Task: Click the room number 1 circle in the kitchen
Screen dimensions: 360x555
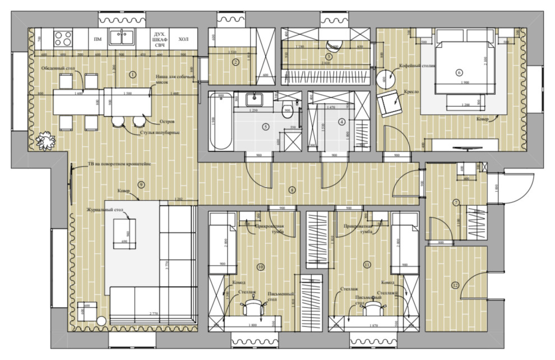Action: click(133, 74)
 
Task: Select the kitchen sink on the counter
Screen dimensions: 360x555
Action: click(120, 38)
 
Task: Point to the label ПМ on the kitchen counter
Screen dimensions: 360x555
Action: click(98, 39)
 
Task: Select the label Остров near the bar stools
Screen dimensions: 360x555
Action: click(168, 121)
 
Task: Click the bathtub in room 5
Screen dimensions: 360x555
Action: click(220, 122)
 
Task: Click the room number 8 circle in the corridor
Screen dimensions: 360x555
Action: click(292, 190)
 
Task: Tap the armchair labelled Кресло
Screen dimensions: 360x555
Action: click(389, 102)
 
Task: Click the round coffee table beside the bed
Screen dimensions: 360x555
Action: click(384, 78)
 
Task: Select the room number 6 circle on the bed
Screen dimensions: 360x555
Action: click(459, 72)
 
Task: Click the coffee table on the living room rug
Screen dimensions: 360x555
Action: click(123, 232)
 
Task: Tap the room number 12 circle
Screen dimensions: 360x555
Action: click(455, 285)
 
